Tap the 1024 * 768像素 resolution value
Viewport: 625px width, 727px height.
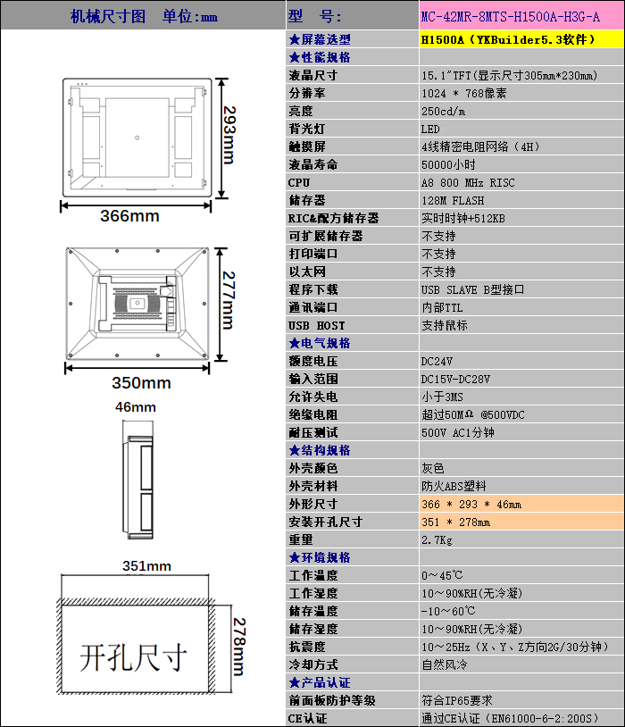464,93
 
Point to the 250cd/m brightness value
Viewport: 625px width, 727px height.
444,111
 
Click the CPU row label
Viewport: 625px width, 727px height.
299,182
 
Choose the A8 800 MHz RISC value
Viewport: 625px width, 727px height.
468,182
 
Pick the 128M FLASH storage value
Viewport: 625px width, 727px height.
453,200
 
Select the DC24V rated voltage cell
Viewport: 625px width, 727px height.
437,361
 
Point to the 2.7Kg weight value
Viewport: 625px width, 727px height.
437,539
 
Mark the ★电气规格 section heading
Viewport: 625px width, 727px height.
320,343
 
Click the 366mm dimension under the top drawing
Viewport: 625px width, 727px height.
129,216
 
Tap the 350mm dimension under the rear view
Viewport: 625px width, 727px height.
141,383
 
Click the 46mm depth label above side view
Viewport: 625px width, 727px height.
136,407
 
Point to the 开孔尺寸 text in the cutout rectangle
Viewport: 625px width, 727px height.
134,657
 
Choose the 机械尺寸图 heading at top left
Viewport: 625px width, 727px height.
107,17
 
